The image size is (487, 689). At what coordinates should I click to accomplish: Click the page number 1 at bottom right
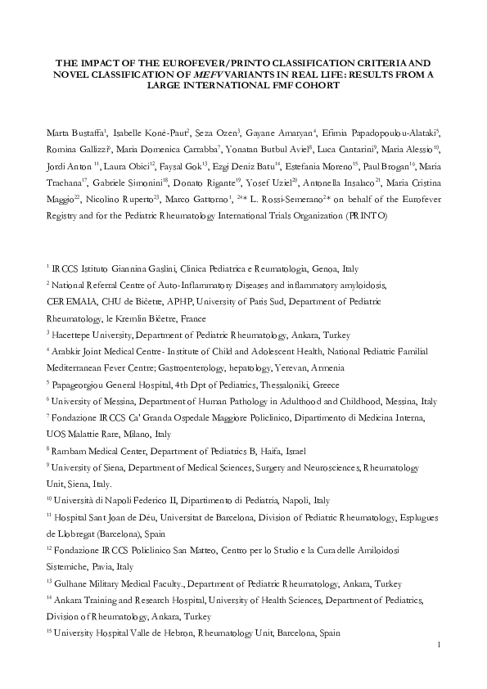click(x=440, y=646)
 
